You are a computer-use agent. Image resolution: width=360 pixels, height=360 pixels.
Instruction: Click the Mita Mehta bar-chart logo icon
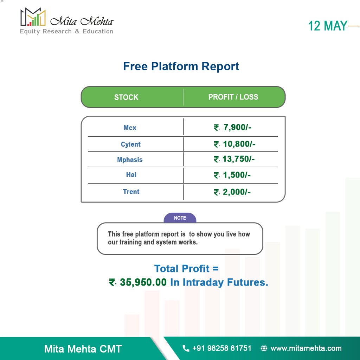click(x=33, y=17)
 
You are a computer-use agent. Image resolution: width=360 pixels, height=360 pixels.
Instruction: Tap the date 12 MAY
click(x=327, y=26)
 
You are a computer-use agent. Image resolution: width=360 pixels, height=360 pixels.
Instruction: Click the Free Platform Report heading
click(x=181, y=66)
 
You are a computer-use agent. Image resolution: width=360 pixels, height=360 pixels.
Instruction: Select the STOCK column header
click(x=126, y=97)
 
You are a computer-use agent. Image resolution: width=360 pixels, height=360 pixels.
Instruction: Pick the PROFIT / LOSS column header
click(x=233, y=97)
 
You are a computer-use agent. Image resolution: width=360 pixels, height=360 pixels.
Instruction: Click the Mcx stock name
click(x=130, y=128)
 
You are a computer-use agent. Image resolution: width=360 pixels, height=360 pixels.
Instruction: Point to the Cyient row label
click(x=131, y=144)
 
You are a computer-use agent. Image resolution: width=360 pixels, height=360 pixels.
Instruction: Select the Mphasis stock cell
click(x=130, y=160)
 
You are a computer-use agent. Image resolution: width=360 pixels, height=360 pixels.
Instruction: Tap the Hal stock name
click(x=131, y=175)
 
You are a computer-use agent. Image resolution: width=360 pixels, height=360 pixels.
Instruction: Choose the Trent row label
click(x=131, y=192)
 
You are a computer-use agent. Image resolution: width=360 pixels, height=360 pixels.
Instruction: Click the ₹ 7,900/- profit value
click(x=232, y=127)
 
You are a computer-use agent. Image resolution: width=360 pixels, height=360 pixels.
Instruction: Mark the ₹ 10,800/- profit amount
click(x=234, y=144)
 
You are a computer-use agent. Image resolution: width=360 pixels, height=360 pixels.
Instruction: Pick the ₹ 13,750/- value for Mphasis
click(x=234, y=159)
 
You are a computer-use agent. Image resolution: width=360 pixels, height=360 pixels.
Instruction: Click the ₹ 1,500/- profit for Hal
click(x=232, y=175)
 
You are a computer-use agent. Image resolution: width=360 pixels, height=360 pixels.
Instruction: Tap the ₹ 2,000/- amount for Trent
click(x=232, y=192)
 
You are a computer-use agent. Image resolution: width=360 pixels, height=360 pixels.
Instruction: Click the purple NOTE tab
click(x=180, y=218)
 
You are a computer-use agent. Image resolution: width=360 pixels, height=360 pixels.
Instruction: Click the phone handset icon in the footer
click(x=186, y=348)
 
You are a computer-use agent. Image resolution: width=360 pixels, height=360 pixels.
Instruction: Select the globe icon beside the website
click(x=264, y=348)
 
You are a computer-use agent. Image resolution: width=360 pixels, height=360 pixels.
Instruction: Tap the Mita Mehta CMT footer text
click(x=83, y=349)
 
